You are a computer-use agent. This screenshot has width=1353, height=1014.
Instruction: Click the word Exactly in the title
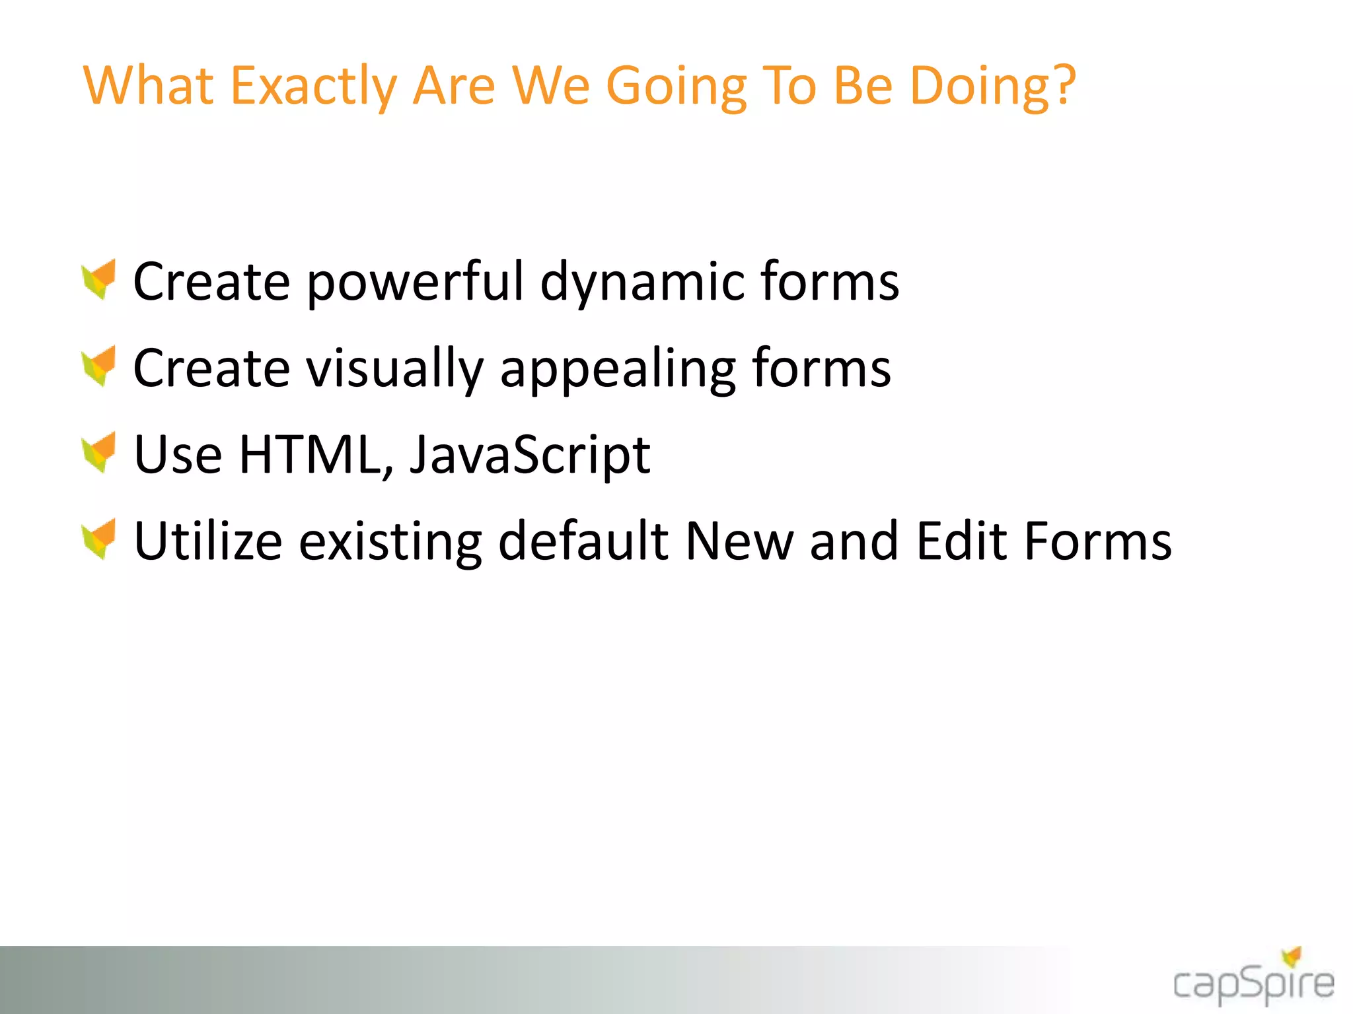(313, 87)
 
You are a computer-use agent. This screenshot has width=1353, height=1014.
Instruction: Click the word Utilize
(208, 541)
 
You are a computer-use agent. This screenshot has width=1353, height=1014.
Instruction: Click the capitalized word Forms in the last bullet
(1097, 541)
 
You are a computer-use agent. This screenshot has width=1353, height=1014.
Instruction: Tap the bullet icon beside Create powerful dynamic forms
(100, 279)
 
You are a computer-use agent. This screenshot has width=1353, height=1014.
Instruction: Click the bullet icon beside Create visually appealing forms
(100, 366)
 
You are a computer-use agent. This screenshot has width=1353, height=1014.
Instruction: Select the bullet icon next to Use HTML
(100, 452)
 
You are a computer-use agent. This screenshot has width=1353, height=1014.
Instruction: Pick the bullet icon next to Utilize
(100, 539)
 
